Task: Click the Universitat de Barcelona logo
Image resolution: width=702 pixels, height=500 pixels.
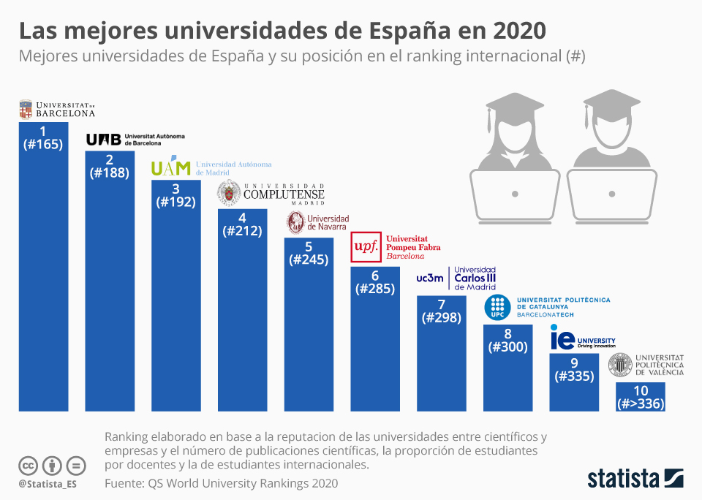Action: tap(57, 110)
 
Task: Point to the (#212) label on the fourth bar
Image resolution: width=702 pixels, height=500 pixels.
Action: tap(242, 231)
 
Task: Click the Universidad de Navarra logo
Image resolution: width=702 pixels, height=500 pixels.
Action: tap(317, 223)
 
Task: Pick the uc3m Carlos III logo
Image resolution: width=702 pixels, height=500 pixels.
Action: tap(456, 278)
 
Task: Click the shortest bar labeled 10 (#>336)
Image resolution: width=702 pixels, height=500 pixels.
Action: tap(641, 396)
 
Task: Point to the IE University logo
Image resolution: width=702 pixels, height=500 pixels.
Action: tap(583, 339)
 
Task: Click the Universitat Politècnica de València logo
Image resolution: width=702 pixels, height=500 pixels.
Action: tap(646, 363)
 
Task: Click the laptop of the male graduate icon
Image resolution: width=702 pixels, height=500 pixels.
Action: tap(611, 194)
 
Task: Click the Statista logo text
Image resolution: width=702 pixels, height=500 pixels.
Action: tap(624, 479)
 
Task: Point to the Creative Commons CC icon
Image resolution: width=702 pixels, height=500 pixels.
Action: tap(28, 465)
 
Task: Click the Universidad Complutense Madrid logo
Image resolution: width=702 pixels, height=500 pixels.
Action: tap(271, 194)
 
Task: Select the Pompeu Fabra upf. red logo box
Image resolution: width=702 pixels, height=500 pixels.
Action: tap(365, 247)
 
